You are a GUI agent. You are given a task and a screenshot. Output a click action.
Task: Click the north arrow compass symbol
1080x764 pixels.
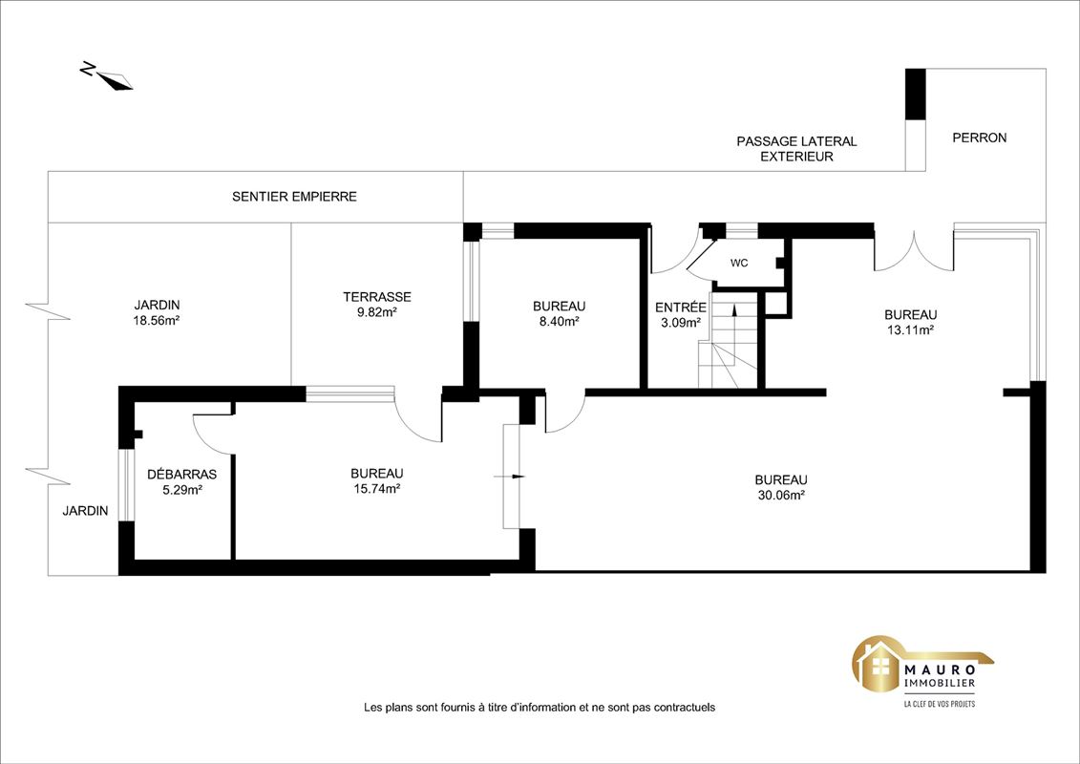click(109, 77)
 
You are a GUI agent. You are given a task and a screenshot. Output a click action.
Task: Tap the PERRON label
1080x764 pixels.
click(980, 138)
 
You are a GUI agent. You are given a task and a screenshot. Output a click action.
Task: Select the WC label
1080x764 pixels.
click(739, 264)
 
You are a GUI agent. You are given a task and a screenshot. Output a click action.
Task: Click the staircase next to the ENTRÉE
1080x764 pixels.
click(728, 340)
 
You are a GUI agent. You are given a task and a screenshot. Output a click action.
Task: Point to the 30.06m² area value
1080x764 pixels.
click(780, 496)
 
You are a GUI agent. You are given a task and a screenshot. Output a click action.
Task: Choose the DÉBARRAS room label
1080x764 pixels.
click(181, 475)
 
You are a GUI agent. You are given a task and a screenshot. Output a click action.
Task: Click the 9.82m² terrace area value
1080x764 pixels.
click(377, 312)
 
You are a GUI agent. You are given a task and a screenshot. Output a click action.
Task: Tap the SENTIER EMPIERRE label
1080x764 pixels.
click(294, 197)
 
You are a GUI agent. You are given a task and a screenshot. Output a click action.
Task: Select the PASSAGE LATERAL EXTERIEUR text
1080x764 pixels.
click(797, 149)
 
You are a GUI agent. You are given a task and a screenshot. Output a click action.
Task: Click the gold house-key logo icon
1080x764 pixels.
click(879, 666)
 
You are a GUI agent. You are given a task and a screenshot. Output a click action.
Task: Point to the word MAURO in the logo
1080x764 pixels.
click(939, 668)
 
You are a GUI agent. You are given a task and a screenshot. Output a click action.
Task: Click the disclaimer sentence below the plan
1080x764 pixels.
click(540, 708)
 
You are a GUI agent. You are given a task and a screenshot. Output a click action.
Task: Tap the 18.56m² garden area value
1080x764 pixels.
click(157, 320)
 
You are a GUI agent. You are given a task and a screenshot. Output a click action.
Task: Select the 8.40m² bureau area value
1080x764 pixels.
click(559, 321)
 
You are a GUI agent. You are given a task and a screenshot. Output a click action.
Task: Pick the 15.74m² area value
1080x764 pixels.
click(376, 489)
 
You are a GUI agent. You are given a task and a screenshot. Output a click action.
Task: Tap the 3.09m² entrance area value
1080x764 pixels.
click(681, 323)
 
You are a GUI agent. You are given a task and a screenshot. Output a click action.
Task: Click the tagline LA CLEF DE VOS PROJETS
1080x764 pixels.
click(939, 704)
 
